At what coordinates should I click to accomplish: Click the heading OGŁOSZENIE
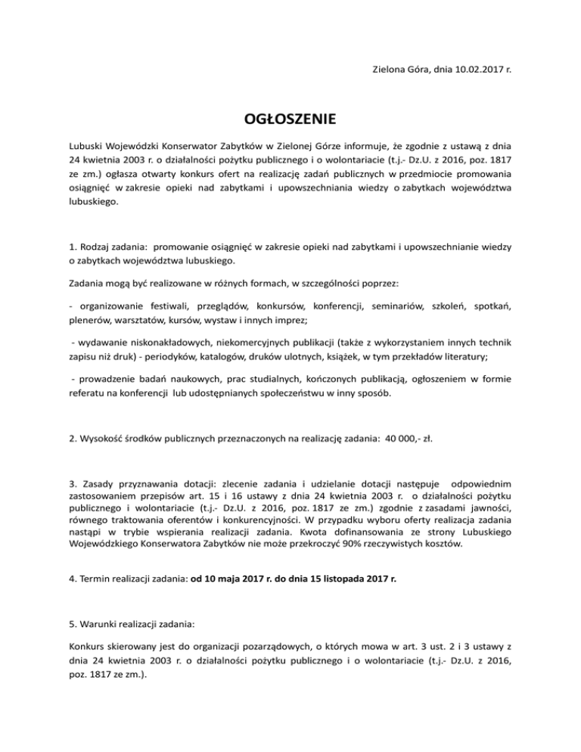pyautogui.click(x=290, y=120)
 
